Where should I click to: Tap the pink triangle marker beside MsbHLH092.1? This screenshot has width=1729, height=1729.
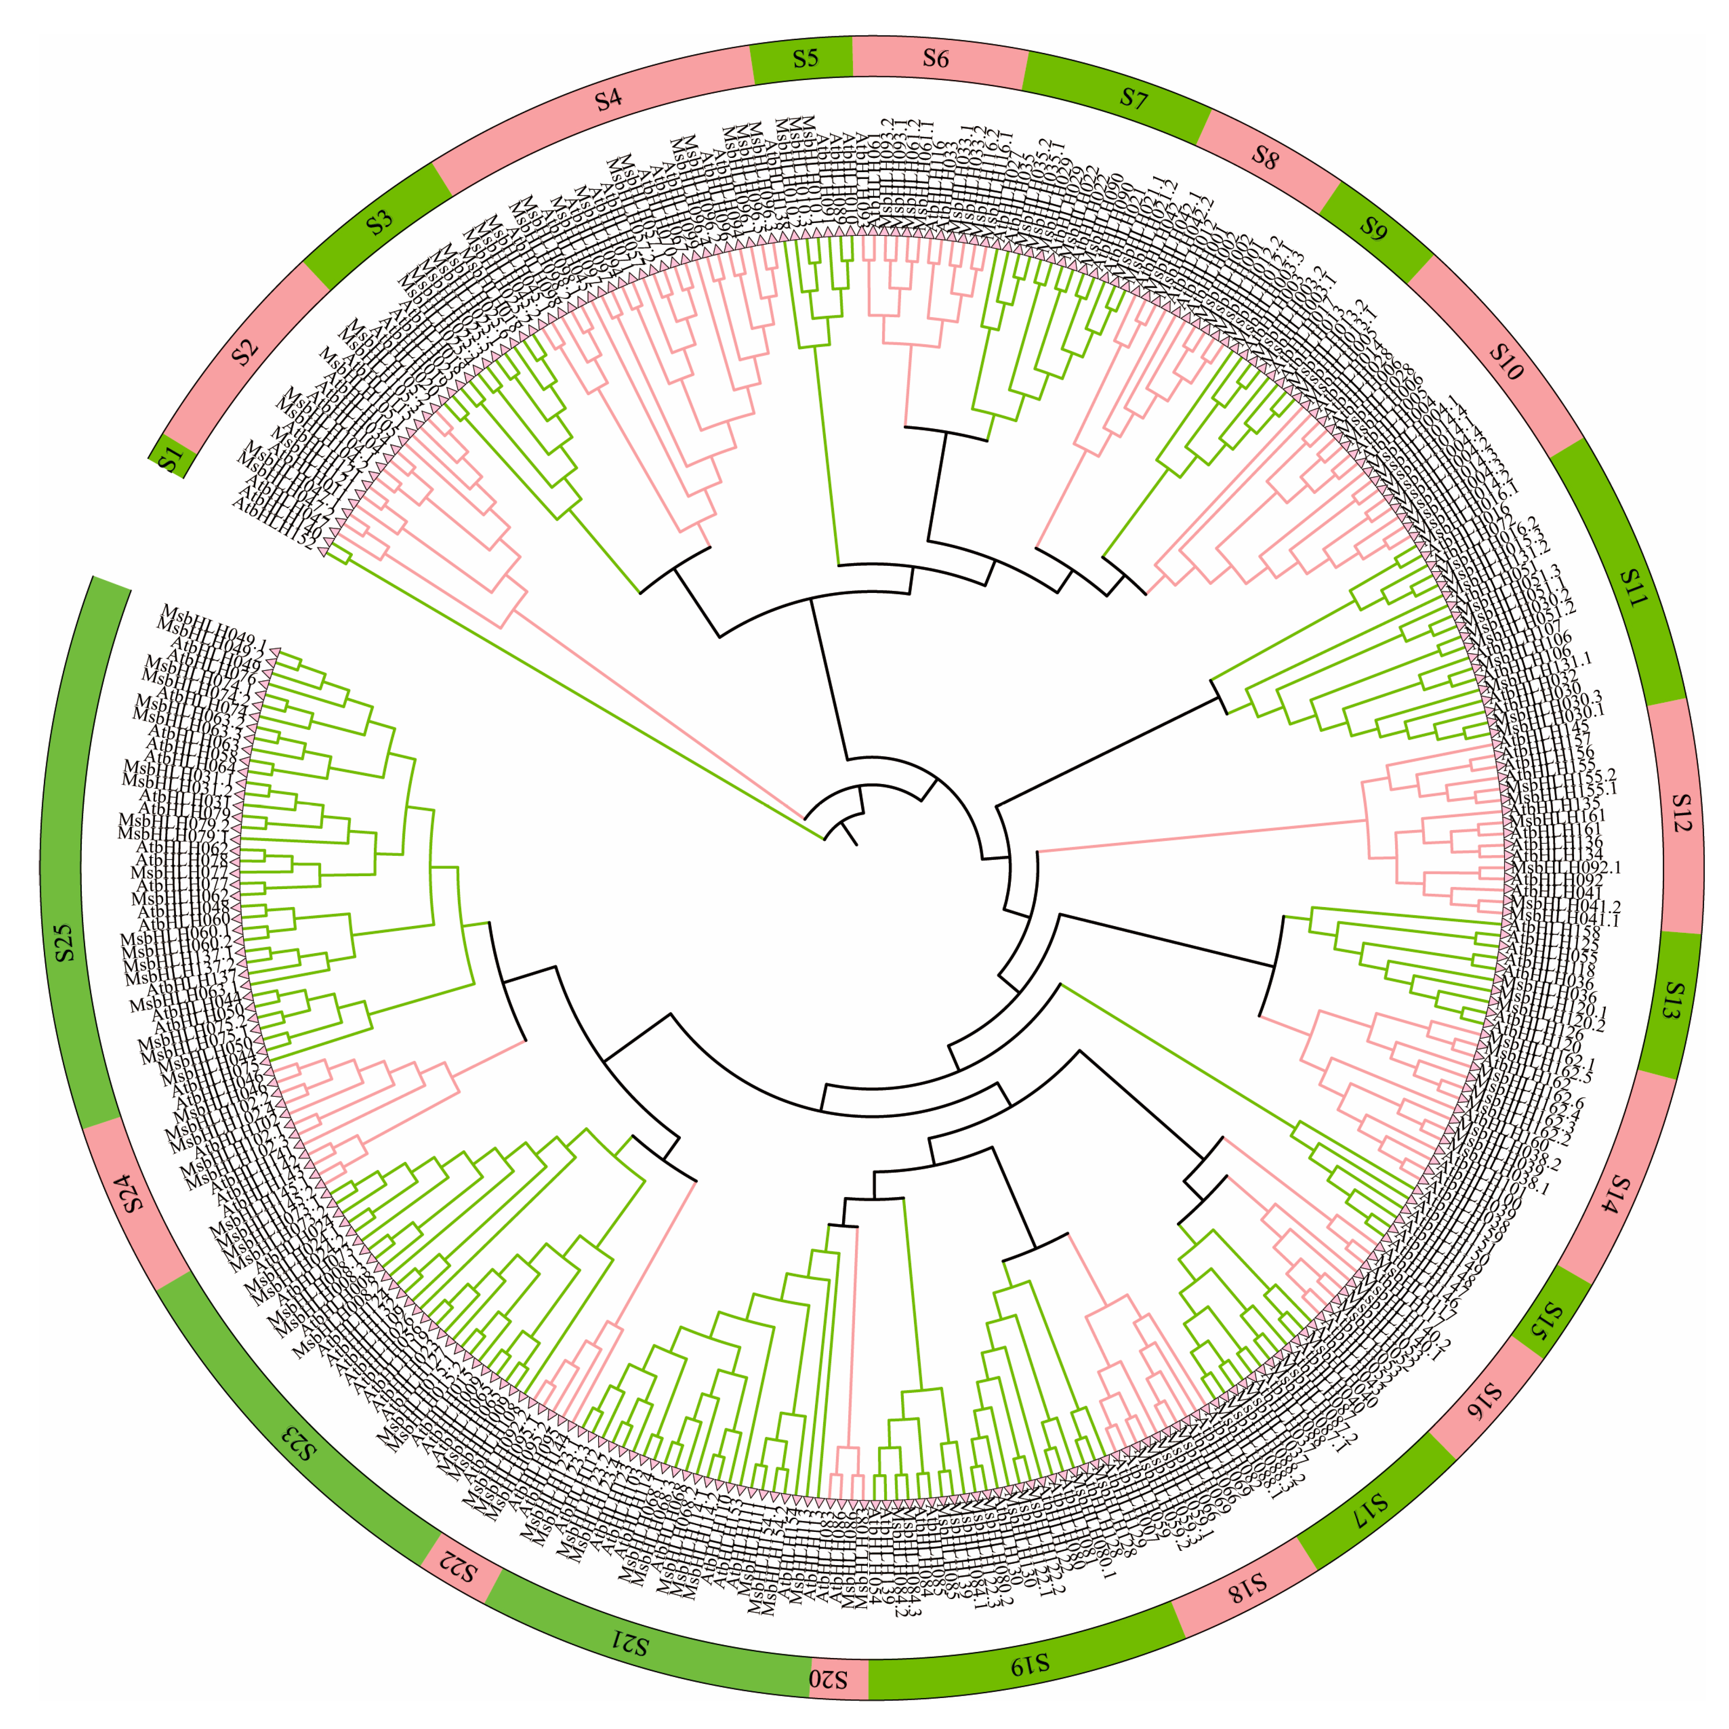1506,867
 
